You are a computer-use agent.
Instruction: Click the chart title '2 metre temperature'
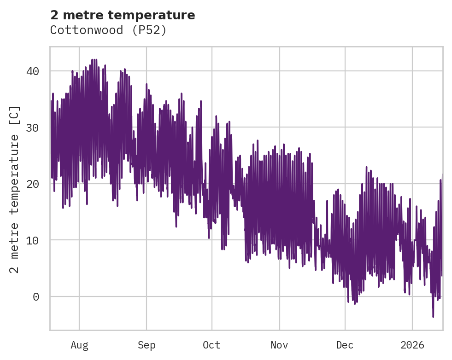[x=123, y=15]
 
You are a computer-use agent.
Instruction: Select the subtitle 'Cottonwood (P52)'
[x=108, y=30]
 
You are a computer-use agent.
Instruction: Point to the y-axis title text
[x=15, y=189]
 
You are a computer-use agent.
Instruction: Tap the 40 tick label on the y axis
[x=32, y=71]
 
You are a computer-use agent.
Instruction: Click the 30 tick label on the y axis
[x=32, y=128]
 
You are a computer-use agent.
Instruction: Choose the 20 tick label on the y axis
[x=32, y=184]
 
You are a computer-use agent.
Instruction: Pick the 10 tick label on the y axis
[x=32, y=240]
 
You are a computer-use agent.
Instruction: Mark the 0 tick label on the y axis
[x=36, y=296]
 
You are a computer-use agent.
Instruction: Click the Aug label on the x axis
[x=79, y=345]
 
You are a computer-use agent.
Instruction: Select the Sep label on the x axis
[x=147, y=345]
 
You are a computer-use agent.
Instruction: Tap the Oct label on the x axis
[x=212, y=345]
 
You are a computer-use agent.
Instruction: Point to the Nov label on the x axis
[x=279, y=345]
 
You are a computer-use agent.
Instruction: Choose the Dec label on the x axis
[x=345, y=345]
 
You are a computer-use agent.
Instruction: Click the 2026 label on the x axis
[x=412, y=345]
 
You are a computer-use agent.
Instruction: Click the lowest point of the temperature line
[x=433, y=317]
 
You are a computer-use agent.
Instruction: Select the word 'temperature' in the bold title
[x=157, y=15]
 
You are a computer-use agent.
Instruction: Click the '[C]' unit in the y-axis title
[x=15, y=116]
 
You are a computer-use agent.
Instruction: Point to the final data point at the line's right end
[x=442, y=276]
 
